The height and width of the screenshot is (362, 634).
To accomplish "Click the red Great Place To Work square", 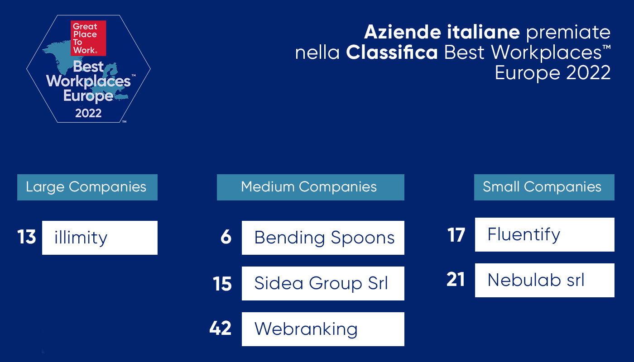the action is pyautogui.click(x=88, y=38).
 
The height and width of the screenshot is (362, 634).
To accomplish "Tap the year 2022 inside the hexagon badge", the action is pyautogui.click(x=88, y=113).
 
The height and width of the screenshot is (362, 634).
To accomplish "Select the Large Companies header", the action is pyautogui.click(x=87, y=187).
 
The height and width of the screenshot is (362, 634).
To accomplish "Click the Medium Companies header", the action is pyautogui.click(x=311, y=187).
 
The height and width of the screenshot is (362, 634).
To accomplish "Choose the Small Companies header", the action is pyautogui.click(x=544, y=187).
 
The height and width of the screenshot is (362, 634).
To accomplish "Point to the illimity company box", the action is pyautogui.click(x=100, y=238).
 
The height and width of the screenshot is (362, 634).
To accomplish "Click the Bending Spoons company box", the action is pyautogui.click(x=323, y=238).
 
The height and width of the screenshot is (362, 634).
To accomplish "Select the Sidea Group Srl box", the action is pyautogui.click(x=323, y=283).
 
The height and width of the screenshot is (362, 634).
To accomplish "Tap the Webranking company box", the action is pyautogui.click(x=323, y=329).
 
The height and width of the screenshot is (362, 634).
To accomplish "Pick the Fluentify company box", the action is pyautogui.click(x=544, y=235).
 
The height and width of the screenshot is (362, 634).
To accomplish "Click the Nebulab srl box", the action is pyautogui.click(x=544, y=280).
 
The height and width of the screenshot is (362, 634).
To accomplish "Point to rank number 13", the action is pyautogui.click(x=27, y=237).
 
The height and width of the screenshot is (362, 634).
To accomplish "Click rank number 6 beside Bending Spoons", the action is pyautogui.click(x=226, y=237).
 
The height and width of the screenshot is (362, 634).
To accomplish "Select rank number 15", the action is pyautogui.click(x=222, y=284).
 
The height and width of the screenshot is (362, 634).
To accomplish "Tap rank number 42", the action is pyautogui.click(x=220, y=328).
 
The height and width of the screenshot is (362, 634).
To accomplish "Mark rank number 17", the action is pyautogui.click(x=456, y=235).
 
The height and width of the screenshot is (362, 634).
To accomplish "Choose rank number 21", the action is pyautogui.click(x=456, y=280).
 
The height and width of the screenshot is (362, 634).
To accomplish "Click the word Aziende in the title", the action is pyautogui.click(x=403, y=32).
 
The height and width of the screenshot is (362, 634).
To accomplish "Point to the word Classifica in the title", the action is pyautogui.click(x=392, y=52).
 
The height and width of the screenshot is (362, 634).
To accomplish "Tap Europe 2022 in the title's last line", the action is pyautogui.click(x=552, y=73).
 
